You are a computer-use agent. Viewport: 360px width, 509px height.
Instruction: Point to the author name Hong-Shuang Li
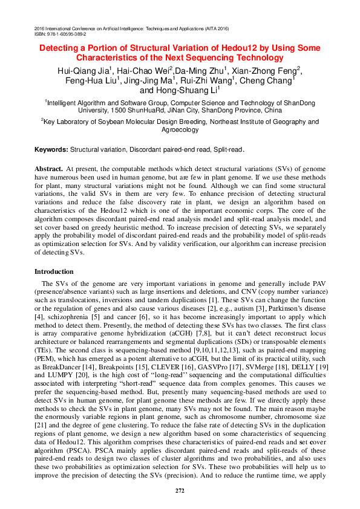180,90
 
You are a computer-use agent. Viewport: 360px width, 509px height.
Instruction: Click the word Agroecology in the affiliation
180,130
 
